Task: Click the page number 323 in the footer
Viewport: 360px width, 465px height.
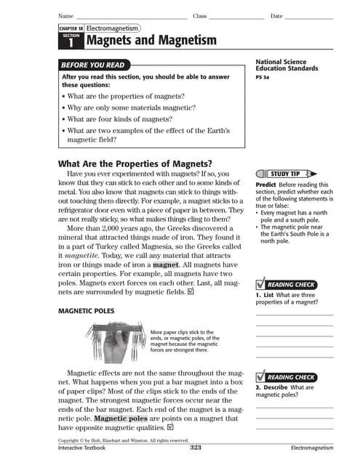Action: point(195,448)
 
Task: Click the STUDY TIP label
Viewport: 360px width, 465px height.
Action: point(284,174)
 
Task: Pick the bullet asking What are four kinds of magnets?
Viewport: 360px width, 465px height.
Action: point(127,118)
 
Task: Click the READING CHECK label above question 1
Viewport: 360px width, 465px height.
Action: point(290,284)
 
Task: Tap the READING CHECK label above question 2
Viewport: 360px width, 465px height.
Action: point(290,377)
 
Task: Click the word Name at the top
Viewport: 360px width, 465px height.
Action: point(65,16)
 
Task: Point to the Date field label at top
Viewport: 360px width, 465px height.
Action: point(276,16)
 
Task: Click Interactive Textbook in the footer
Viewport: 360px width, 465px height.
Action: point(81,448)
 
